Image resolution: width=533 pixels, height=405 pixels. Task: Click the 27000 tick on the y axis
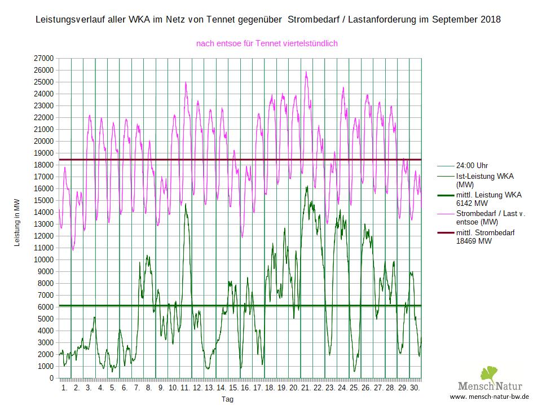click(44, 58)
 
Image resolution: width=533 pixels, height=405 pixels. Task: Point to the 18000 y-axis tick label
click(44, 165)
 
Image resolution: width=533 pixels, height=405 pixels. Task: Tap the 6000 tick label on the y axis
click(46, 307)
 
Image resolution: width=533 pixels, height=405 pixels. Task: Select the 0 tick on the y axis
click(51, 378)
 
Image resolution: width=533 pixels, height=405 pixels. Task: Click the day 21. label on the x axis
click(306, 388)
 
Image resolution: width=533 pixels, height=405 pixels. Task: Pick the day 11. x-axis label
click(185, 388)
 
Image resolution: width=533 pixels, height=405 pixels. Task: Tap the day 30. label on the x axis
click(415, 388)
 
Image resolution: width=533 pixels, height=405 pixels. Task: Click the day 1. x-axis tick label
click(64, 388)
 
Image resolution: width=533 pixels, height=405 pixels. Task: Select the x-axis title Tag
click(227, 399)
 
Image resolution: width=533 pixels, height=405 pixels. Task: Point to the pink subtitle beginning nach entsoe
click(267, 43)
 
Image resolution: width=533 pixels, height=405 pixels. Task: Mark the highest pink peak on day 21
click(306, 72)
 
